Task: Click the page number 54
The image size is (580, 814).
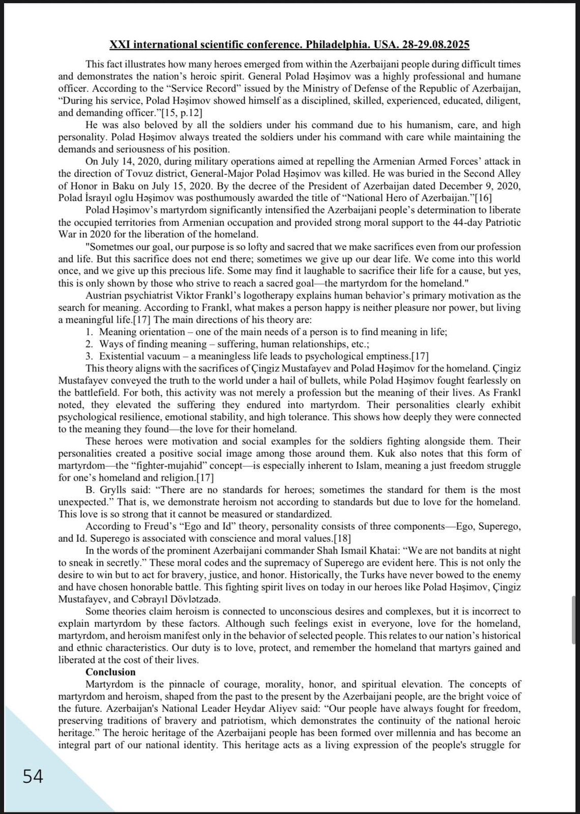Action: click(33, 777)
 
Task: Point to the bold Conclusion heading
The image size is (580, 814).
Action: click(110, 672)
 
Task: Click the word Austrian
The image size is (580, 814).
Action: click(104, 296)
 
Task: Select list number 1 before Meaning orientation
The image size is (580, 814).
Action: click(89, 332)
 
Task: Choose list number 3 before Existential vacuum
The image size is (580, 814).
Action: click(89, 356)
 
